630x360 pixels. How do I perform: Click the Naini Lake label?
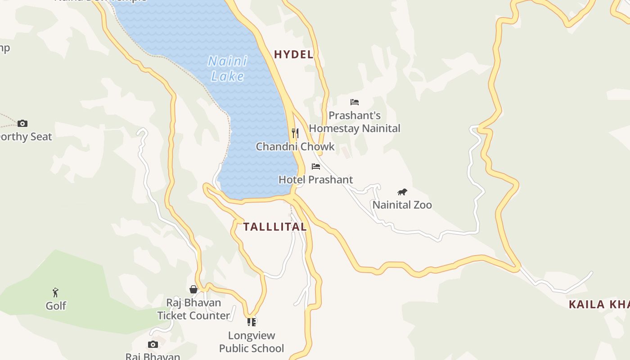[228, 68]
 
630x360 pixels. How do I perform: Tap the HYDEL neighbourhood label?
[293, 54]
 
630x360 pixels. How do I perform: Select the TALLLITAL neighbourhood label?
[275, 227]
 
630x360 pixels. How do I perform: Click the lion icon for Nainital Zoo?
[402, 192]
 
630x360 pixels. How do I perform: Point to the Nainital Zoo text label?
[402, 205]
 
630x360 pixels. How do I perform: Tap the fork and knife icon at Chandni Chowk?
[295, 133]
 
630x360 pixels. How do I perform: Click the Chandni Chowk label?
[295, 146]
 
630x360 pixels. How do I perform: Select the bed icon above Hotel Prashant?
[316, 166]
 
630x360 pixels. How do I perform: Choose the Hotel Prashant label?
[316, 180]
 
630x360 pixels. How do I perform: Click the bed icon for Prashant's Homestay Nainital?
[355, 102]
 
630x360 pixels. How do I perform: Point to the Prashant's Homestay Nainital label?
[355, 122]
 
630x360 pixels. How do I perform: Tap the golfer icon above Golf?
[55, 292]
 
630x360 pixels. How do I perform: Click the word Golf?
[56, 306]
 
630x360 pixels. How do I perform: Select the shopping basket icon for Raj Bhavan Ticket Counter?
[193, 289]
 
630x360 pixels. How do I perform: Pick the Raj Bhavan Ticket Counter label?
[193, 309]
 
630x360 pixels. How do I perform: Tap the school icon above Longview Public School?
[252, 322]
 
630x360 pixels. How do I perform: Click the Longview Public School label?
[252, 342]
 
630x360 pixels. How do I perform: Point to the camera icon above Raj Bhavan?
[153, 344]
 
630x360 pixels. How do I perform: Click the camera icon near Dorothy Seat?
[22, 123]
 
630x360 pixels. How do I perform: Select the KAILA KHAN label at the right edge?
[599, 305]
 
